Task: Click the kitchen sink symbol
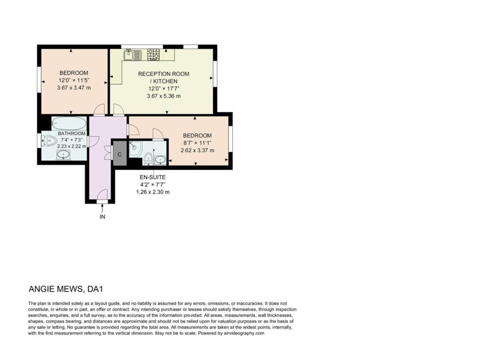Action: tap(133, 55)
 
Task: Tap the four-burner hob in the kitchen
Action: tap(153, 55)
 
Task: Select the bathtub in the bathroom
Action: tap(69, 123)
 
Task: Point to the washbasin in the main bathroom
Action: tap(63, 155)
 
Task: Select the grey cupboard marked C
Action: tap(119, 154)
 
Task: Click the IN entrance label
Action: tap(102, 216)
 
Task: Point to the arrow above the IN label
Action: tap(102, 209)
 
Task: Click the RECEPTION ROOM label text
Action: tap(164, 74)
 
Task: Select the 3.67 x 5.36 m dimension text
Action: tap(164, 96)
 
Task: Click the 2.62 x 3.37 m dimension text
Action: tap(197, 150)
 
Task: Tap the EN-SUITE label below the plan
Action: tap(153, 177)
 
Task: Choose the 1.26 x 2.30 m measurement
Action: tap(153, 192)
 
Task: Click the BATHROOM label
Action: tap(71, 133)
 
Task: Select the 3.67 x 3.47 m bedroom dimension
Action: tap(74, 87)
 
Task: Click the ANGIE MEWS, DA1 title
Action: tap(66, 289)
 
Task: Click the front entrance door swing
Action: tap(103, 194)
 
